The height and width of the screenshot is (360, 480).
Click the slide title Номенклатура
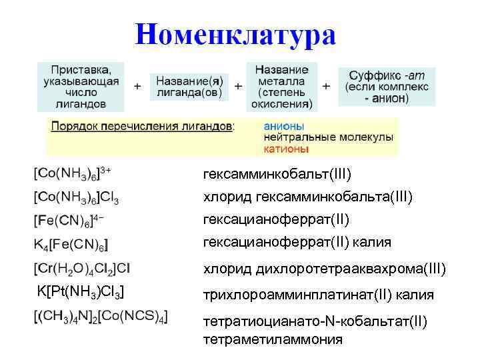pos(235,34)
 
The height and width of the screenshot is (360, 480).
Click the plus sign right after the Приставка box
pos(138,87)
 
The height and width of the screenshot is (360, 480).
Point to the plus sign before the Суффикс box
pos(327,87)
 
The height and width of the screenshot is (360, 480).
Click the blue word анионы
pos(284,125)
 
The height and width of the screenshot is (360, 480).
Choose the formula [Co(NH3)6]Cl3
pos(76,197)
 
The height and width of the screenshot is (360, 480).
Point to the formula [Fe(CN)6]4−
pos(69,220)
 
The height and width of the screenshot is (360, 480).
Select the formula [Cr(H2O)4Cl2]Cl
pos(82,269)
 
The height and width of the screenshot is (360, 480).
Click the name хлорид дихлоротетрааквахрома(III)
pos(324,269)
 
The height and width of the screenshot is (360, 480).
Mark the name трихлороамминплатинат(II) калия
pos(318,295)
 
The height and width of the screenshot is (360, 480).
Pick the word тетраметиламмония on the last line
pos(273,339)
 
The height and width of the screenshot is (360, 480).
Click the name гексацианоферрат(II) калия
pos(297,241)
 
